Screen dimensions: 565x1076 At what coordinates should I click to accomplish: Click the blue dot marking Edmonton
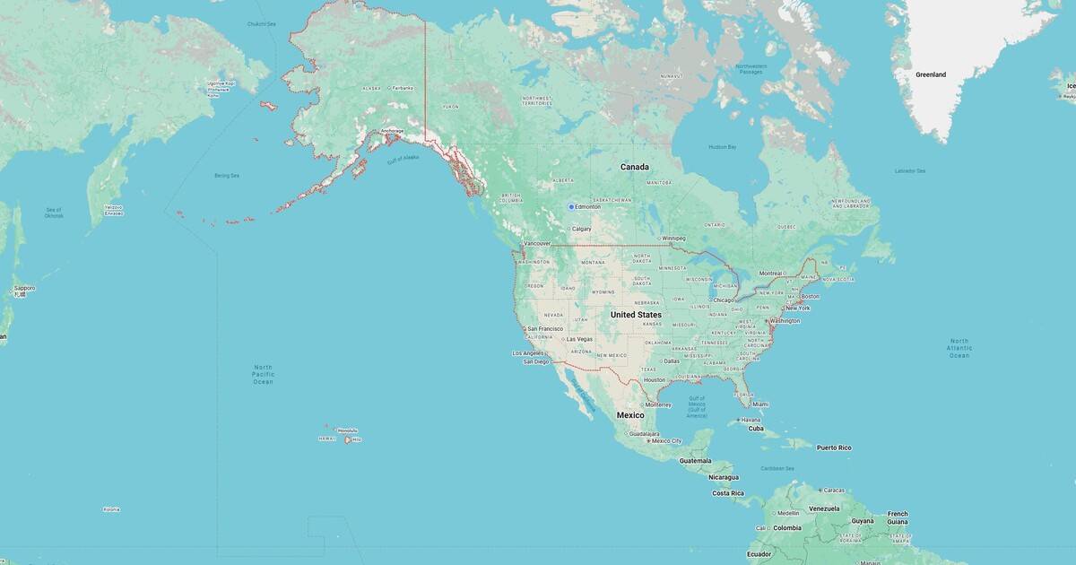(571, 207)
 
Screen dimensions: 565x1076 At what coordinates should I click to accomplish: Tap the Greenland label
(930, 74)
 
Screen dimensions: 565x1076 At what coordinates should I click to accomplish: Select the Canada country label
(635, 167)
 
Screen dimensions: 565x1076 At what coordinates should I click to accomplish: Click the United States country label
(636, 315)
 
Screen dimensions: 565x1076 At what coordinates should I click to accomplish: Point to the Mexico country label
(630, 415)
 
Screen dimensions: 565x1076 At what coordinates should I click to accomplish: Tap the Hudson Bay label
(722, 146)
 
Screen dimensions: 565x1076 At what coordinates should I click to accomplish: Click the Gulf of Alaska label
(403, 160)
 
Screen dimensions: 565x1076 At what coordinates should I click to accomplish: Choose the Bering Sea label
(227, 176)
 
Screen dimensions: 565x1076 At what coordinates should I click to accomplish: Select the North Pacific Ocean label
(263, 375)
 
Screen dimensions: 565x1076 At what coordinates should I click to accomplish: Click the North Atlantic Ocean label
(959, 348)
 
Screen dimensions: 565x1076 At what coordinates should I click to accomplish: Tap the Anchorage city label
(393, 131)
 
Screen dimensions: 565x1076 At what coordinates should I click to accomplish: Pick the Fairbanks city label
(403, 88)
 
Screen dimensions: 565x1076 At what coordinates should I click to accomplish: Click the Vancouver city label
(537, 243)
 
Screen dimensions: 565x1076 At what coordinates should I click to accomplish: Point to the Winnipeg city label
(673, 238)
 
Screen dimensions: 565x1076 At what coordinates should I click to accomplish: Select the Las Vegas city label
(577, 339)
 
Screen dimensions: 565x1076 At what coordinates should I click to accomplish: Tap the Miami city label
(760, 404)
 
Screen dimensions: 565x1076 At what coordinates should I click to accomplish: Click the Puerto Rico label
(833, 448)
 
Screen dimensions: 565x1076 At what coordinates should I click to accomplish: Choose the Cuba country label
(756, 429)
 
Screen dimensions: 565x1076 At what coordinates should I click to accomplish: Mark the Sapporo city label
(24, 288)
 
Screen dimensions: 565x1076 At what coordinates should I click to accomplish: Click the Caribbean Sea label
(777, 468)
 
